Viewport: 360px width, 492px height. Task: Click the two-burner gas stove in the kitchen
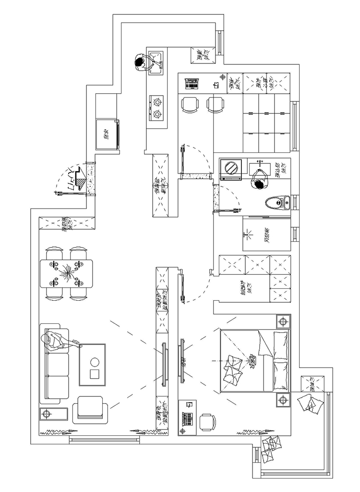coord(156,108)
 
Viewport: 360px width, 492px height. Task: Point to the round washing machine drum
coord(231,168)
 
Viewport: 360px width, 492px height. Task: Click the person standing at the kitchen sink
coord(140,64)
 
